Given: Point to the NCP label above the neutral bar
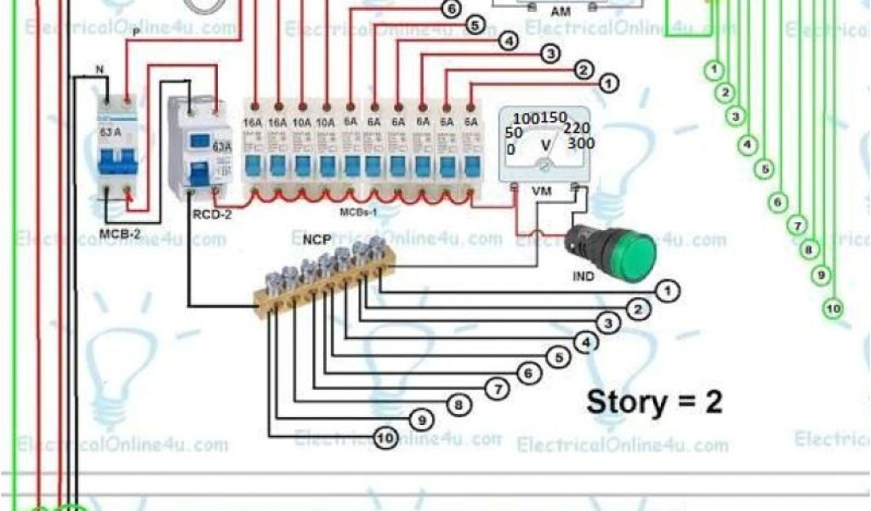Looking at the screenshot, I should click(x=316, y=241).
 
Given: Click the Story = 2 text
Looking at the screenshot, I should click(x=653, y=401).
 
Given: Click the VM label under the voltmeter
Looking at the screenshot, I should click(x=541, y=192).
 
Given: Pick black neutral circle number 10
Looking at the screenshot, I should click(x=384, y=439).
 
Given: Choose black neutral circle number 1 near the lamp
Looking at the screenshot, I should click(x=670, y=292).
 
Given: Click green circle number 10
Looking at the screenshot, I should click(x=834, y=307).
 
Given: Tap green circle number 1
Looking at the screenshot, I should click(x=715, y=68).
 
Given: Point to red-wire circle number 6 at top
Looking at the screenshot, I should click(x=451, y=9).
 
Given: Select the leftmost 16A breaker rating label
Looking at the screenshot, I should click(x=253, y=123).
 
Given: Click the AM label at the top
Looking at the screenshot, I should click(x=561, y=12).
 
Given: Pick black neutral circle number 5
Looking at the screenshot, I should click(x=558, y=358).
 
